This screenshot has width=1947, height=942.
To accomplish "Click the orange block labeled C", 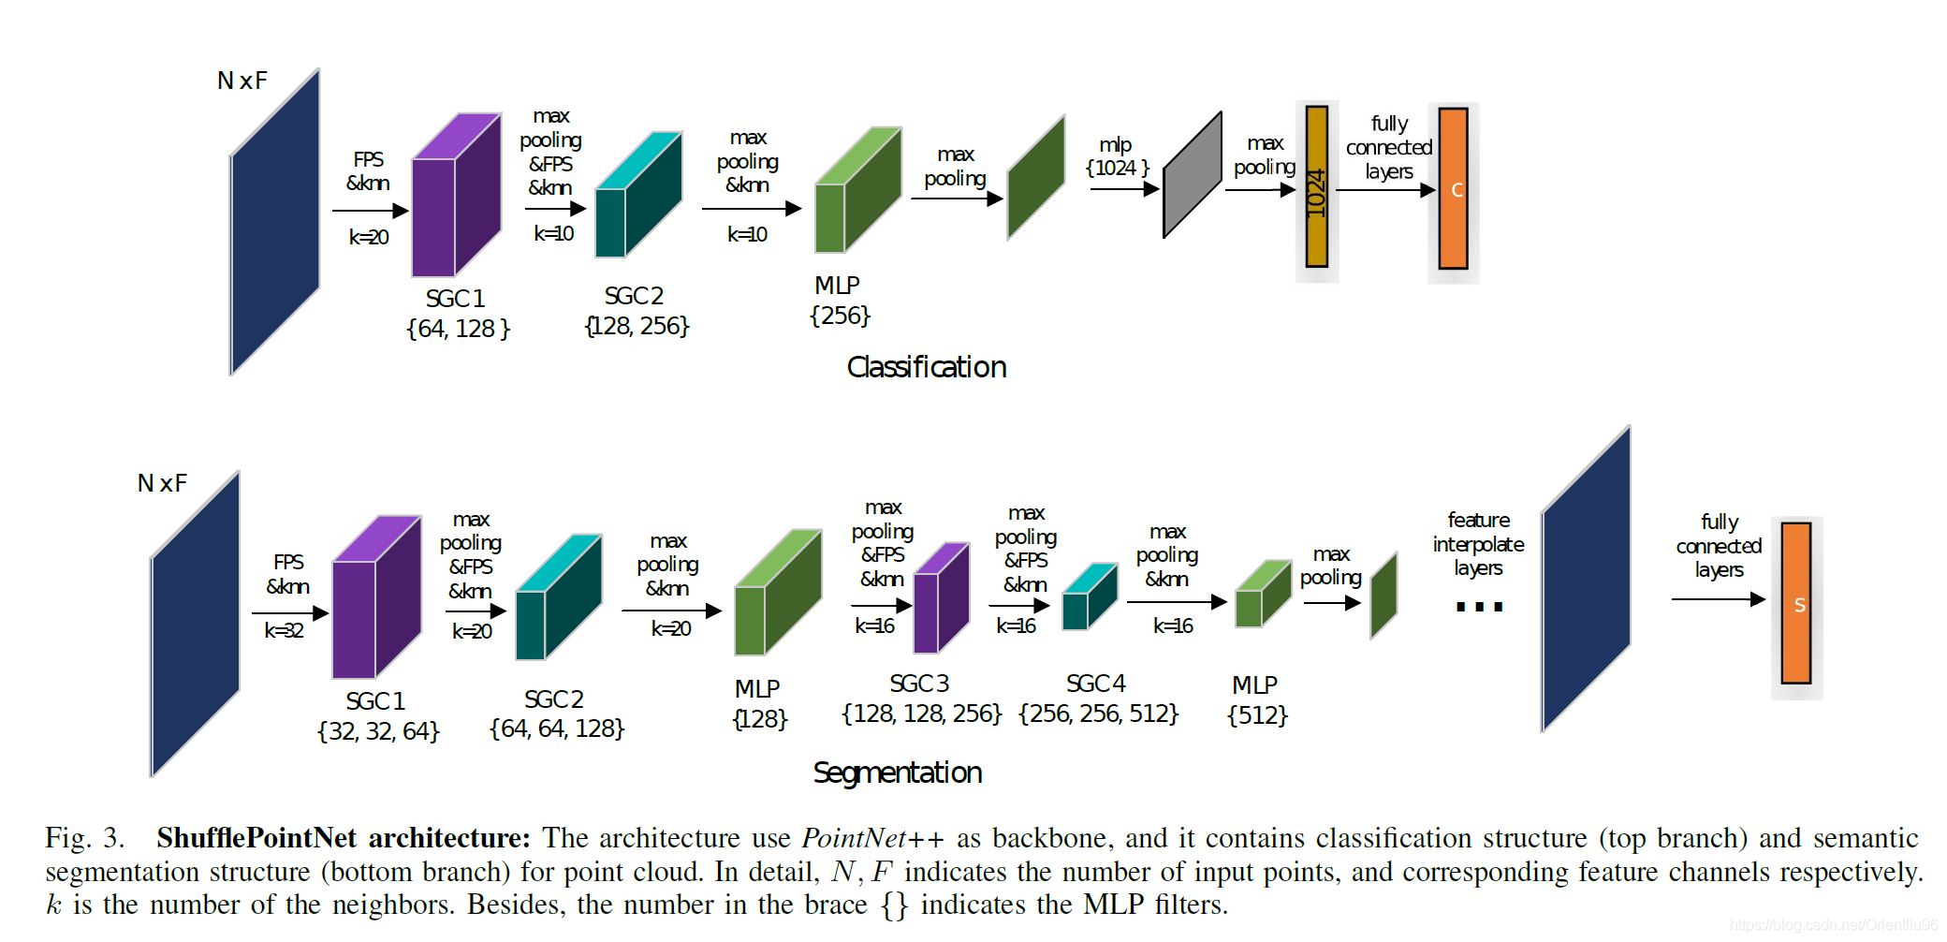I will point(1453,189).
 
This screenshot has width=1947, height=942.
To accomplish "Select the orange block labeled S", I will point(1795,604).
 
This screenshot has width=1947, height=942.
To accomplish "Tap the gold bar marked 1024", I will point(1316,187).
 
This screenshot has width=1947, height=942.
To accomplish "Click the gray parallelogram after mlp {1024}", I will point(1192,176).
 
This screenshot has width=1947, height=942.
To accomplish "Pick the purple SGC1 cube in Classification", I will point(455,197).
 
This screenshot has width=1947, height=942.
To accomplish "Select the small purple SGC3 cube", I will point(940,599).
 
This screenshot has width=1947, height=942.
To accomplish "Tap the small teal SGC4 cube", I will point(1089,597).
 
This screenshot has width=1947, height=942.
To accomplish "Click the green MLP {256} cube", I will point(856,192).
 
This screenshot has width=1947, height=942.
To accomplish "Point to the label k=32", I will point(284,630).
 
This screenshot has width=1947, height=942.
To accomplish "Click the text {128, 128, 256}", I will point(921,714).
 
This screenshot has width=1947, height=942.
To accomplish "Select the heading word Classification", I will point(926,367).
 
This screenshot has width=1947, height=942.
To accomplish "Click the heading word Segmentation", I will point(897,773).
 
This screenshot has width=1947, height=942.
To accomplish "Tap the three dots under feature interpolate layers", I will point(1479,607).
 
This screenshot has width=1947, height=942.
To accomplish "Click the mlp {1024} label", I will point(1116,156).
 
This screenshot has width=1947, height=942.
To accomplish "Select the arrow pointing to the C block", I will point(1385,190).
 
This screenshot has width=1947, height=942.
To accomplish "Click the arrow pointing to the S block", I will point(1718,599).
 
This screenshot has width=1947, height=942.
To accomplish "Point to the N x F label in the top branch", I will point(242,81).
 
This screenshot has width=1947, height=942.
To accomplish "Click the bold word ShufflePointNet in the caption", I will point(256,837).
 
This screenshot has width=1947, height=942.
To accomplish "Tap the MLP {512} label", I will point(1256,700).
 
